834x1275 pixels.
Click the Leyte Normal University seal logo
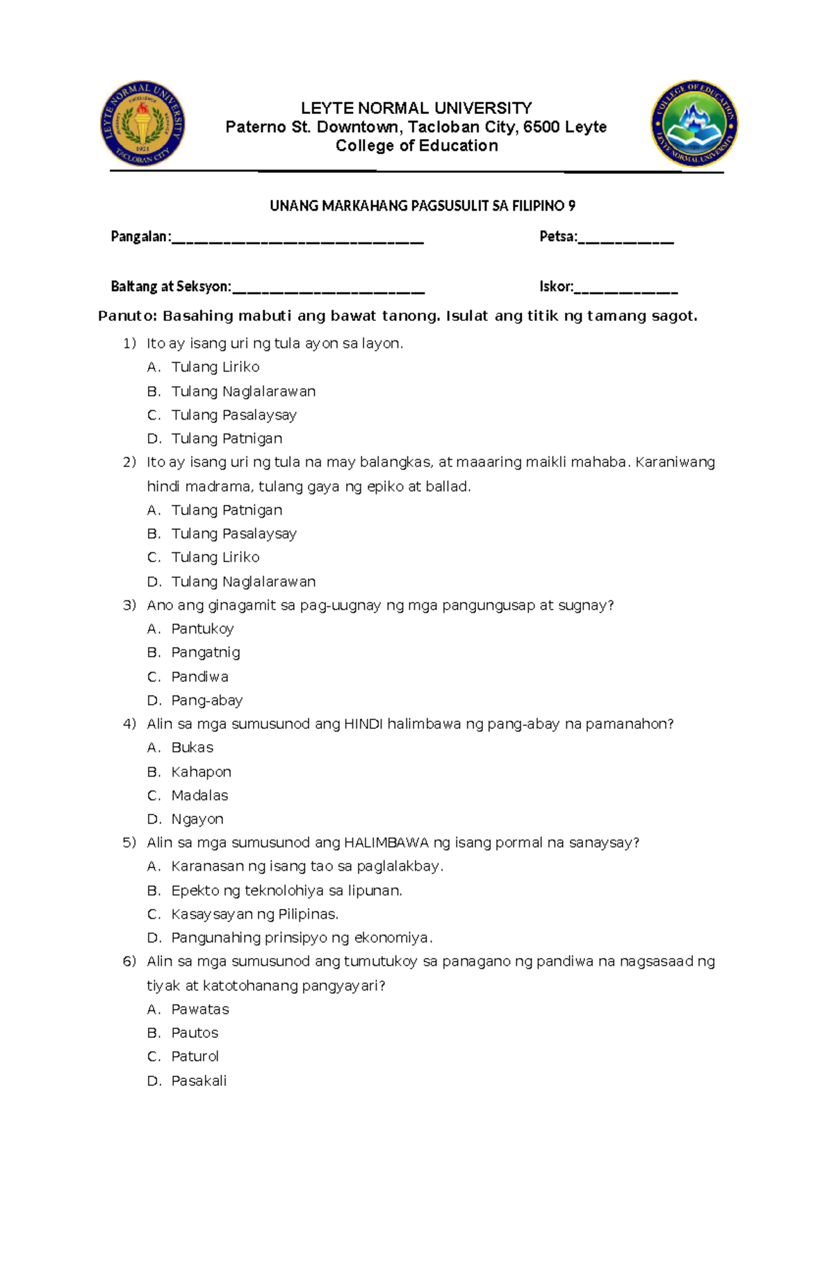[142, 123]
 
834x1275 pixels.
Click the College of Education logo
[694, 124]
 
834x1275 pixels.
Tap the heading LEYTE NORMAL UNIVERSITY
[416, 108]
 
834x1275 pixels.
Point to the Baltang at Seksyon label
[170, 286]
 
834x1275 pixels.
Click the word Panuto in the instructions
[128, 316]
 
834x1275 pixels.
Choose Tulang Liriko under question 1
[215, 367]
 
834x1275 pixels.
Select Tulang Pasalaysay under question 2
[234, 534]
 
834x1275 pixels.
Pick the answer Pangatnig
[206, 652]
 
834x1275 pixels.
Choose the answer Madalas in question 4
[199, 795]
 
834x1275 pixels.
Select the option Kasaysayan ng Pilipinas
[254, 914]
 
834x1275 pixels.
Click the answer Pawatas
[200, 1009]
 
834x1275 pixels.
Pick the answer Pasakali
[199, 1080]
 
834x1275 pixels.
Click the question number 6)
[129, 962]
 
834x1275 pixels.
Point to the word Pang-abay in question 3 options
[207, 700]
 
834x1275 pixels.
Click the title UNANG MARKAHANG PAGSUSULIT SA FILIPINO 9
[423, 206]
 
